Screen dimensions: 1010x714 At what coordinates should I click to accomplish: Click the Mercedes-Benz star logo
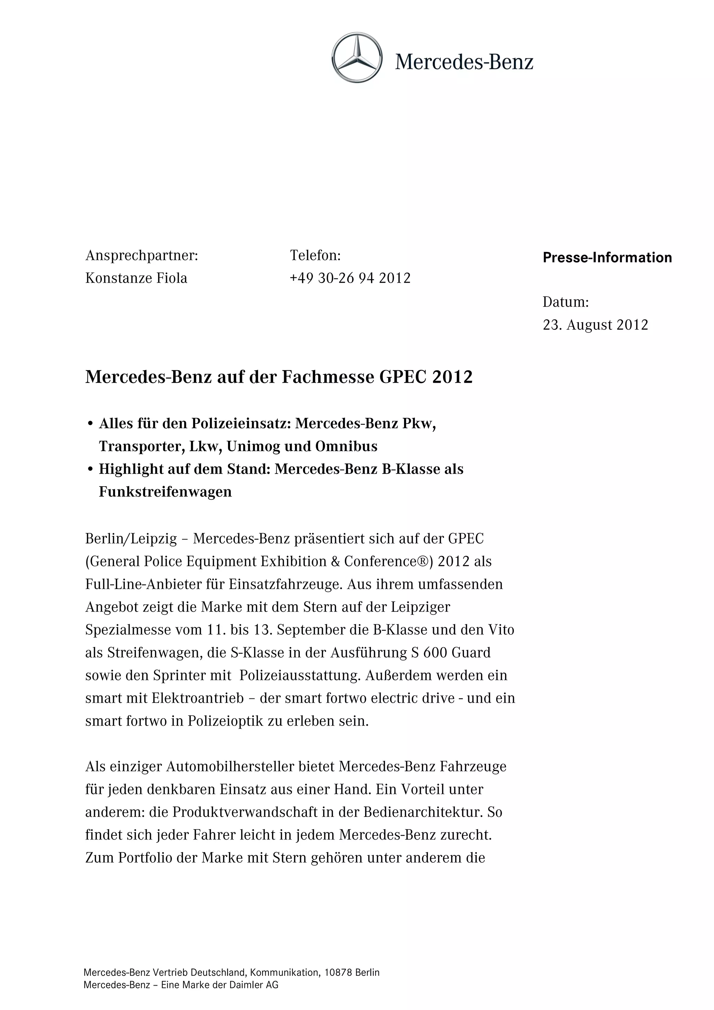[x=357, y=58]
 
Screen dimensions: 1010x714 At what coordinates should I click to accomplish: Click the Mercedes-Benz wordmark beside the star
[x=464, y=62]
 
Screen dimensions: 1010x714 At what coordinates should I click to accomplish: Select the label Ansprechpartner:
[x=142, y=255]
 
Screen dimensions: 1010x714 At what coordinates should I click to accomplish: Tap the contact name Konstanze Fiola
[x=136, y=278]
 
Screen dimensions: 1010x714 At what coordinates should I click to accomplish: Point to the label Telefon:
[x=315, y=255]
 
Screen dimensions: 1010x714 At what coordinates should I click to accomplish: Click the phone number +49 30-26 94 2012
[x=350, y=278]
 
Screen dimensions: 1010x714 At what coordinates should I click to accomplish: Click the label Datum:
[x=565, y=302]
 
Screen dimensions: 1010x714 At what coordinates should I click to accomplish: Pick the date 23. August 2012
[x=595, y=325]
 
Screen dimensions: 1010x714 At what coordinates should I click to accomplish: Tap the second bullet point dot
[x=90, y=470]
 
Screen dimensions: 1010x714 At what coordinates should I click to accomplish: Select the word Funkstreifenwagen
[x=165, y=492]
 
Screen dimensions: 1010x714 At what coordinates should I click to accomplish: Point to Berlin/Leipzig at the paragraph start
[x=131, y=539]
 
